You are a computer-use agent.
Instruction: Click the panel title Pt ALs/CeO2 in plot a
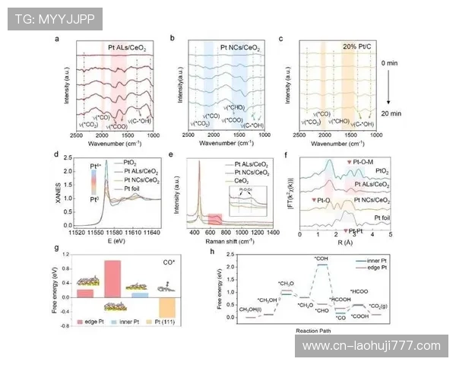point(126,46)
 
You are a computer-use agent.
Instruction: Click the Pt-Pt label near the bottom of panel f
point(356,230)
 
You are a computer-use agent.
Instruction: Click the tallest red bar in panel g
point(112,278)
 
